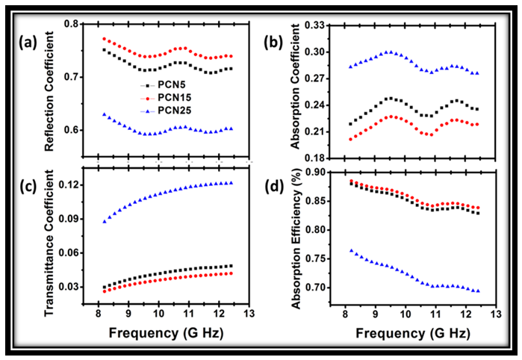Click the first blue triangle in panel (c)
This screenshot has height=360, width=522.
click(104, 221)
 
